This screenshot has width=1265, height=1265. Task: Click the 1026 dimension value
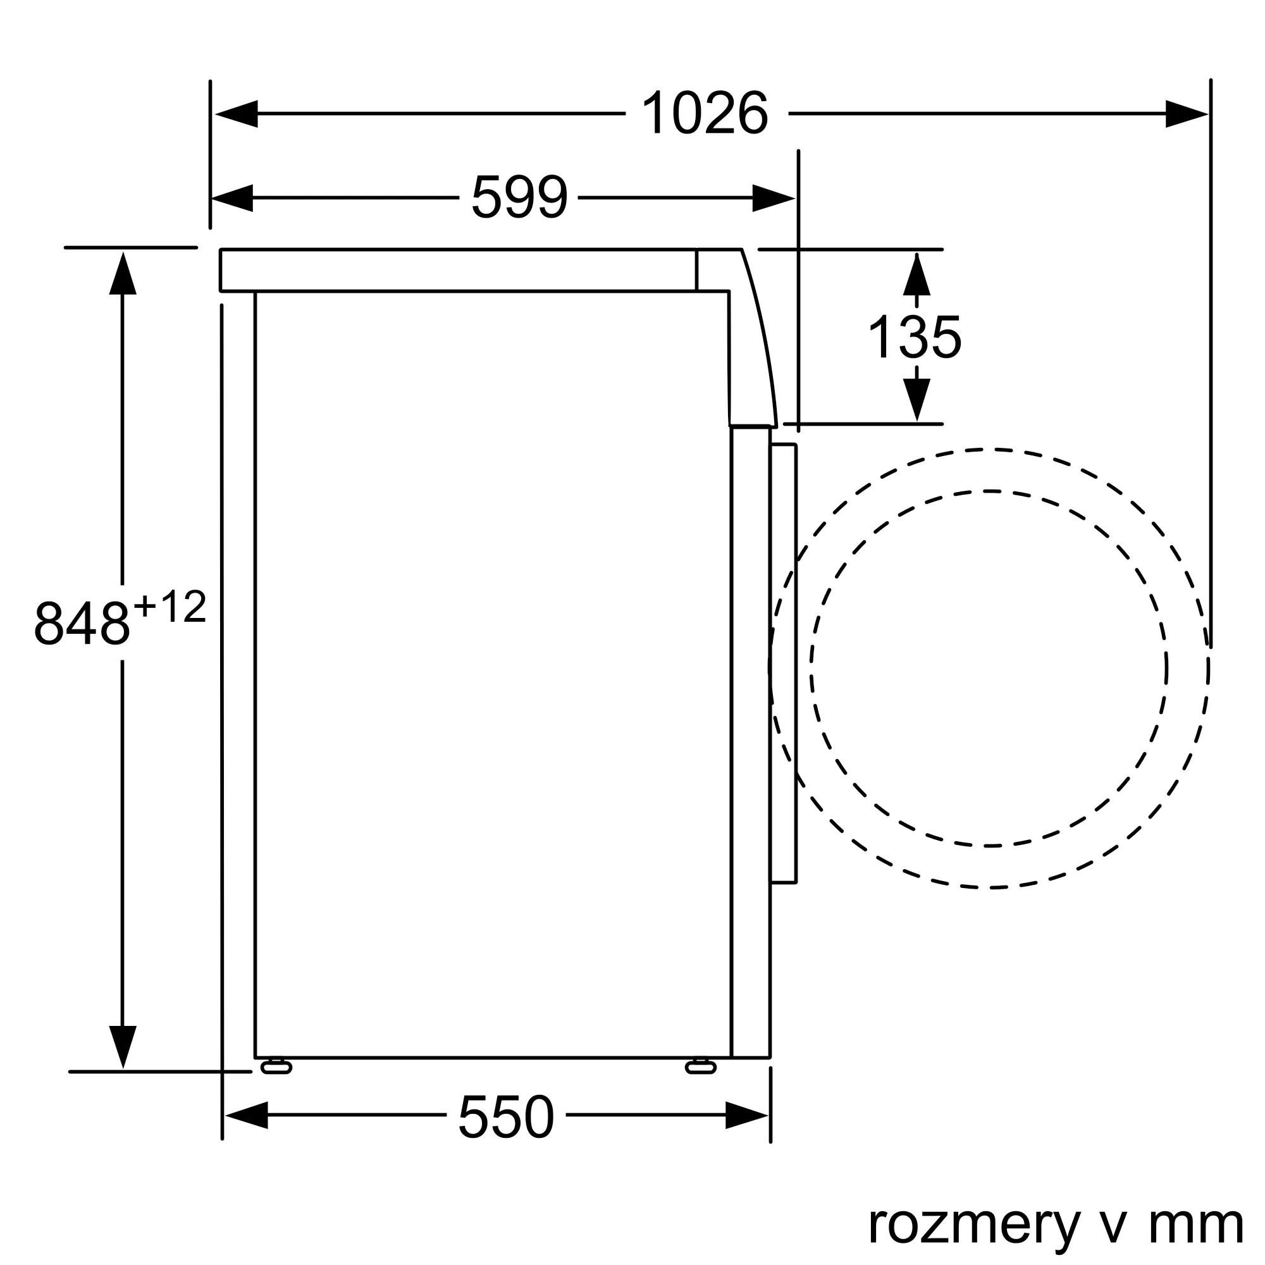tap(705, 113)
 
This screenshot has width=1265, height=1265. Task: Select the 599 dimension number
tap(519, 197)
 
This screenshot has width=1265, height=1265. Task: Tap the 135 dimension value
tap(915, 337)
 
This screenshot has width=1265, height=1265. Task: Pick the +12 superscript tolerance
tap(170, 607)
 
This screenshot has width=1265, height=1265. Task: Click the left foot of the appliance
tap(276, 1068)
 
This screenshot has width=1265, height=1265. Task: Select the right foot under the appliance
tap(701, 1068)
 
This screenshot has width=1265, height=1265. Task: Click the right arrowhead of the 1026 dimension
tap(1187, 114)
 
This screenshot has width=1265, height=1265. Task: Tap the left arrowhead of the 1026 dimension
tap(237, 114)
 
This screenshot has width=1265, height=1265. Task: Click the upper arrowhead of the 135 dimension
tap(916, 275)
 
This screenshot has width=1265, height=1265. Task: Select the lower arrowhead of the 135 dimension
tap(916, 398)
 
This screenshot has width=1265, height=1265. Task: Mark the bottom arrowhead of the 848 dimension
tap(123, 1046)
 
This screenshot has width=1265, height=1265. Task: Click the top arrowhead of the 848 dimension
tap(123, 274)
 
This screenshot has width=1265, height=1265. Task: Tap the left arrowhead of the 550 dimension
tap(247, 1115)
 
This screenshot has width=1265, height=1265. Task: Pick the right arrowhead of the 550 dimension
tap(746, 1115)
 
